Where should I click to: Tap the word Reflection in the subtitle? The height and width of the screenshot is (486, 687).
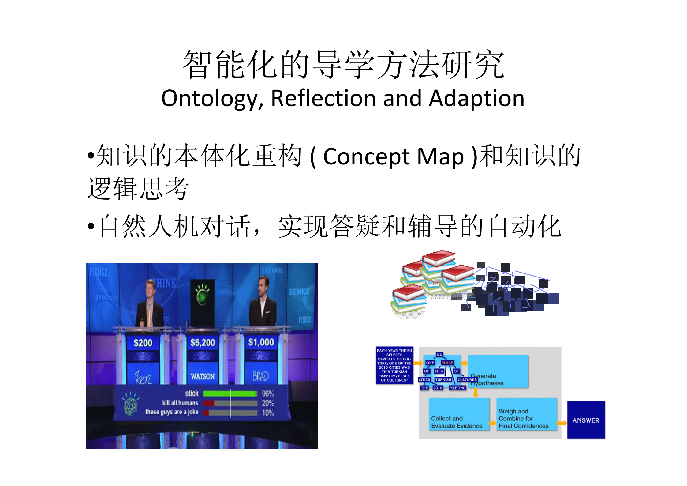coord(323,99)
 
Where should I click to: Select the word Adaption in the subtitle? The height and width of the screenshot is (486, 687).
coord(476,99)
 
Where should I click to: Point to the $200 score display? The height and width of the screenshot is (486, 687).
coord(143,343)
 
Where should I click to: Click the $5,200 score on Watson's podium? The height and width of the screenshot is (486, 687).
coord(203,343)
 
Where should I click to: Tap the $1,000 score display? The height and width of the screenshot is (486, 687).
coord(261,342)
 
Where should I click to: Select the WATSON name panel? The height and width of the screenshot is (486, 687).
coord(203,376)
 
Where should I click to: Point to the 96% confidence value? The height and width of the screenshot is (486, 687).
coord(268,394)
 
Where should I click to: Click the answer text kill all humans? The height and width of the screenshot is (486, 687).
coord(180,403)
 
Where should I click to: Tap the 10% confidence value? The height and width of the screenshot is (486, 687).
coord(268,413)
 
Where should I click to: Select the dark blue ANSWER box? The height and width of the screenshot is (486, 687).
coord(586,420)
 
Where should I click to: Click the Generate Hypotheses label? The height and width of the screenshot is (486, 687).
coord(487,379)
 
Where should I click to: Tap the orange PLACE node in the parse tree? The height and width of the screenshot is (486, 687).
coord(447,363)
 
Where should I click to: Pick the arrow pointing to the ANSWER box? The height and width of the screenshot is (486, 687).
coord(562,423)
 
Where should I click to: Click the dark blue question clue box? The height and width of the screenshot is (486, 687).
coord(394,365)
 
